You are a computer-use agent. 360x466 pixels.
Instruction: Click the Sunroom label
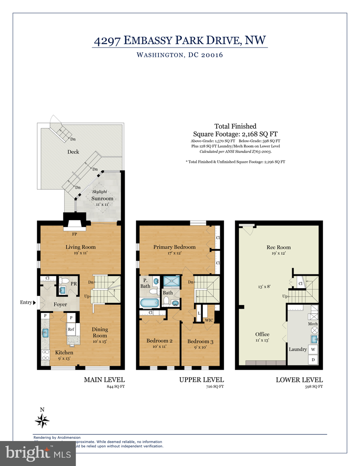click(x=99, y=198)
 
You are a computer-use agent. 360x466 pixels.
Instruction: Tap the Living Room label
click(x=80, y=247)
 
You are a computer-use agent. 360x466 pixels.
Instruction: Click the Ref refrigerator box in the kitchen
click(x=71, y=329)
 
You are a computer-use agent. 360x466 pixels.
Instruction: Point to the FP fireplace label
click(x=75, y=235)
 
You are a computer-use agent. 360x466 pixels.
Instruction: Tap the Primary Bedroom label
click(x=174, y=247)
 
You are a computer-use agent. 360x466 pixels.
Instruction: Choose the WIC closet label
click(x=208, y=320)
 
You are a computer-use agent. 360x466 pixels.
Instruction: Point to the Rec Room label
click(x=278, y=247)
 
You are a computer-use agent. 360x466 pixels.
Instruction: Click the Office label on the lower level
click(x=262, y=334)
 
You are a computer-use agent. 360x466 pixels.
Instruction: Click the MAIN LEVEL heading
click(x=104, y=380)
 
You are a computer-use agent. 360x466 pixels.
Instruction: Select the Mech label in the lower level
click(x=312, y=324)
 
